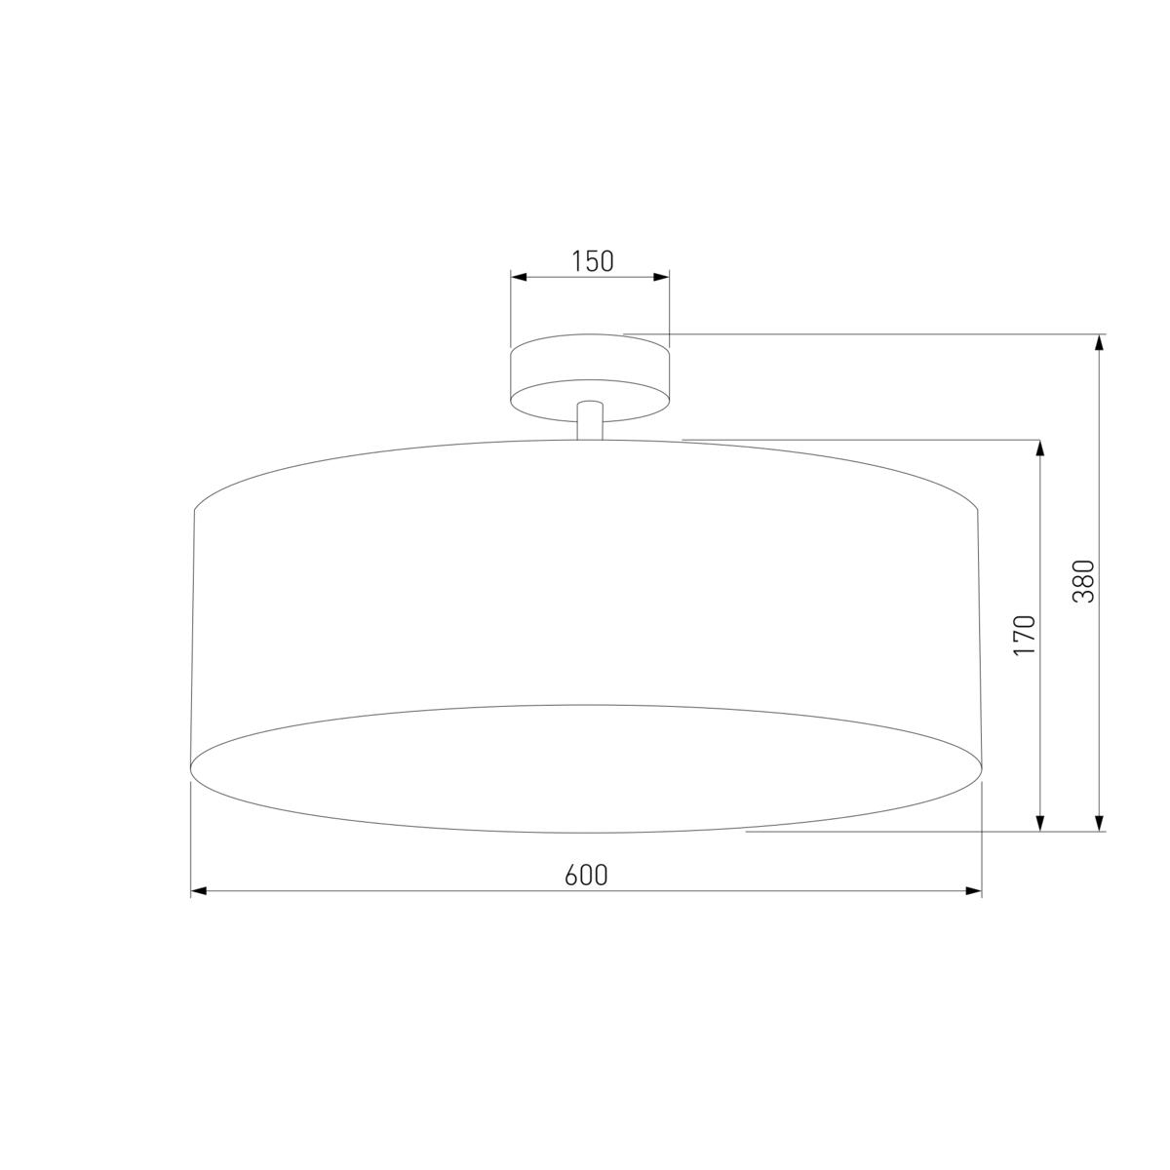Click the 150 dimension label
coord(592,261)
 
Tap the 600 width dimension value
coord(586,876)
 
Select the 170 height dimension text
coord(1024,635)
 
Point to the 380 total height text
coord(1083,581)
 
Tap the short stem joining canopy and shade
coord(589,421)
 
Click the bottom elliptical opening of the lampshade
coord(585,768)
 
